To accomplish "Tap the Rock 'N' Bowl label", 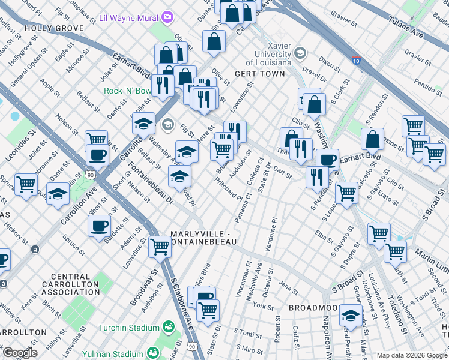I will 127,91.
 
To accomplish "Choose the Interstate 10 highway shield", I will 357,61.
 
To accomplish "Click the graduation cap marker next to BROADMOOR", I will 351,314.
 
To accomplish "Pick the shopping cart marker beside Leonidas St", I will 26,184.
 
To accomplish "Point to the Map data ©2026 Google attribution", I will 412,355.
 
